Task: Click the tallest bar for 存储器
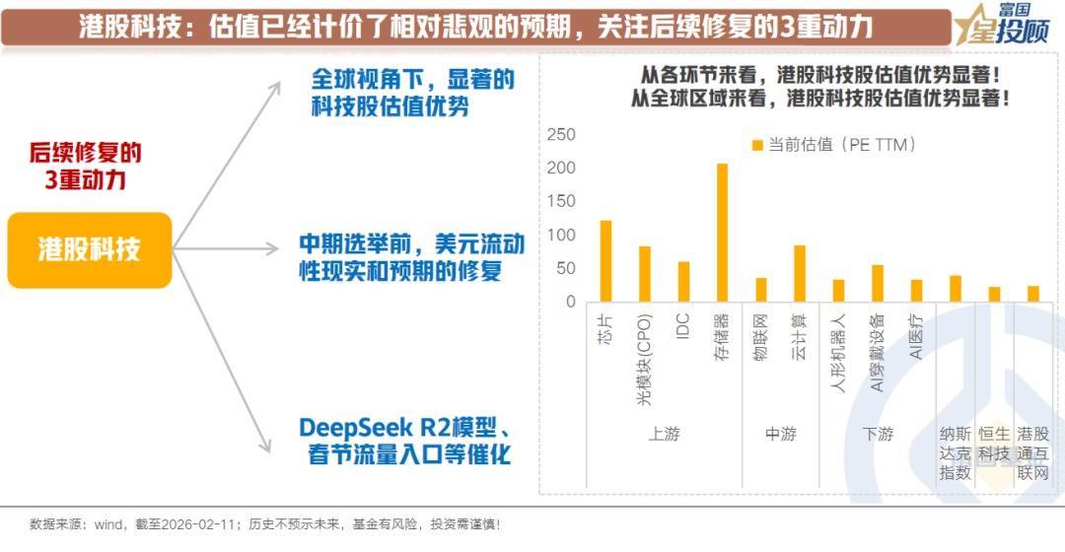tap(722, 233)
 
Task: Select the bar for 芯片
tap(605, 261)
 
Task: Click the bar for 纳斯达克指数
tap(956, 289)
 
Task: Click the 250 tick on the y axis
tap(561, 134)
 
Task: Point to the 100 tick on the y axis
tap(561, 235)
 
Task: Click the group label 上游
tap(664, 435)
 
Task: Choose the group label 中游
tap(780, 435)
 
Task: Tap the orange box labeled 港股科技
tap(90, 249)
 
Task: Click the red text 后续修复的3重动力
tap(85, 167)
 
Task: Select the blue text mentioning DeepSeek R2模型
tap(405, 442)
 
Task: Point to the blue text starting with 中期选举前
tap(411, 256)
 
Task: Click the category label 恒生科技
tap(994, 444)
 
